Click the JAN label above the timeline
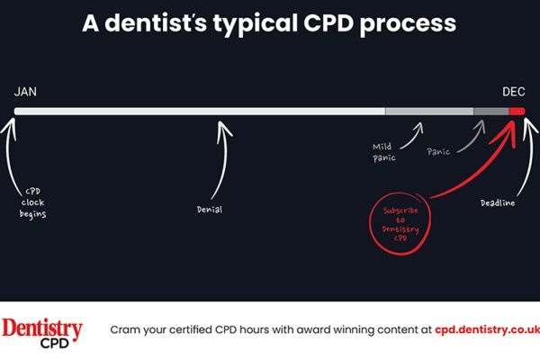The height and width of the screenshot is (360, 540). [x=25, y=92]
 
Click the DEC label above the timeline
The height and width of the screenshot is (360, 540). [x=514, y=92]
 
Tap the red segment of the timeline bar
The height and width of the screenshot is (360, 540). [x=517, y=112]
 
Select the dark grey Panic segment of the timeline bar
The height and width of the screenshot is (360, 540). [x=491, y=112]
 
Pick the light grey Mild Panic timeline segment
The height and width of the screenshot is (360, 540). [x=429, y=112]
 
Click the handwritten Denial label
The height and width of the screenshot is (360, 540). [x=210, y=210]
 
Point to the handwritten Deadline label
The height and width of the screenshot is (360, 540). [x=498, y=202]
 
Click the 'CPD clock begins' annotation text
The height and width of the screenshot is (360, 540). [x=32, y=202]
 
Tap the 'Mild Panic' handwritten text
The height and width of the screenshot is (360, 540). [x=384, y=152]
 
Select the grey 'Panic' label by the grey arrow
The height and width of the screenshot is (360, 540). [x=438, y=151]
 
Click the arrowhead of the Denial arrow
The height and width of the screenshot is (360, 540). [x=223, y=128]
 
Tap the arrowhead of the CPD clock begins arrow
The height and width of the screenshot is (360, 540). [x=11, y=126]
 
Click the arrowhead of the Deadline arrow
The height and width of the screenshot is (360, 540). [x=529, y=126]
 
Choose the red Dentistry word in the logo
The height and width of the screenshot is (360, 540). [x=42, y=328]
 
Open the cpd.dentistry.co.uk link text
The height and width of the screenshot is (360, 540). [x=487, y=329]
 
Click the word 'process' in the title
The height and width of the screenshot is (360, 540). [x=408, y=24]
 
